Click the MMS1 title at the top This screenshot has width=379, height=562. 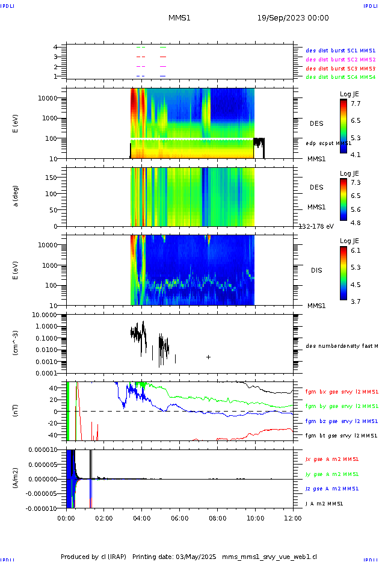tap(179, 18)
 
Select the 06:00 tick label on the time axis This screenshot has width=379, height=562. tap(179, 517)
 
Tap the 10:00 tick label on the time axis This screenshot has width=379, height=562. tap(255, 517)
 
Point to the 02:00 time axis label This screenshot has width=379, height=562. tap(104, 517)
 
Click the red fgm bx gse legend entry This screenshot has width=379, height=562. tap(341, 392)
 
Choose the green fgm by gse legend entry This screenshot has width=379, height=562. tap(341, 406)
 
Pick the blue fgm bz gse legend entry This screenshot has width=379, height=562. tap(341, 421)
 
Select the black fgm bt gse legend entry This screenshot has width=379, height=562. tap(341, 436)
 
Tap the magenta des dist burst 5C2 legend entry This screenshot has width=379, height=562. tap(340, 60)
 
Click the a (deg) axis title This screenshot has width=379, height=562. tap(17, 196)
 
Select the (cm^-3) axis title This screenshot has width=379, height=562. tap(17, 343)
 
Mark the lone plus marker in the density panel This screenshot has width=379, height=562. tap(208, 357)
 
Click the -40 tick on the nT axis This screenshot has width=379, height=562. tap(57, 434)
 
